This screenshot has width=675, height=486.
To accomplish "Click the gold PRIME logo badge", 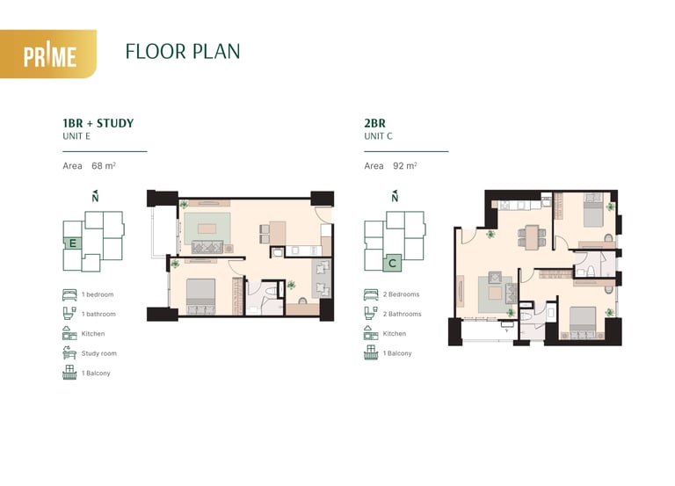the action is pyautogui.click(x=48, y=54).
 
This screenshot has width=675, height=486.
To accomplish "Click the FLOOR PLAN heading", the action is pyautogui.click(x=183, y=52).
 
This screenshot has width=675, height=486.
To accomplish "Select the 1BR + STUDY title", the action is pyautogui.click(x=98, y=123).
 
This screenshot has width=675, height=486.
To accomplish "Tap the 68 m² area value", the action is pyautogui.click(x=104, y=166).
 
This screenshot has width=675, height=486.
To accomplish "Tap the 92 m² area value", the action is pyautogui.click(x=405, y=166).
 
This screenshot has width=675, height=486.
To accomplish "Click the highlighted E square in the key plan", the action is pyautogui.click(x=73, y=243).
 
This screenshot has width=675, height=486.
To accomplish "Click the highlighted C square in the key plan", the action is pyautogui.click(x=392, y=263).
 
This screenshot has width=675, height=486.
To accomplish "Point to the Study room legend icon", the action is pyautogui.click(x=69, y=352).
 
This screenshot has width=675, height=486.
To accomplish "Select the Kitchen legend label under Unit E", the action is pyautogui.click(x=93, y=334).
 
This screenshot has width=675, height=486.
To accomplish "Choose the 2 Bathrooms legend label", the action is pyautogui.click(x=402, y=315).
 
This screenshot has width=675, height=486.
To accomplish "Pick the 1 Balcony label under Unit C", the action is pyautogui.click(x=397, y=353).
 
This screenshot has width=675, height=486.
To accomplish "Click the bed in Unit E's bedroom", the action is pyautogui.click(x=200, y=296).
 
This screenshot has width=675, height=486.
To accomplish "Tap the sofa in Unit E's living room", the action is pyautogui.click(x=207, y=247).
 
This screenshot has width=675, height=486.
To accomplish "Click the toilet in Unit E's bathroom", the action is pyautogui.click(x=272, y=292).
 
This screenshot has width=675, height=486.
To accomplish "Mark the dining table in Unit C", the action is pyautogui.click(x=532, y=237).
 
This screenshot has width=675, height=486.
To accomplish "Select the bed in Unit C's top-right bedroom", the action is pyautogui.click(x=593, y=210).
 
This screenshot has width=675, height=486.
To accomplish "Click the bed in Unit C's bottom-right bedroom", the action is pyautogui.click(x=583, y=323).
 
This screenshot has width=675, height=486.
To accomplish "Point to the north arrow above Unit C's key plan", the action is pyautogui.click(x=395, y=196).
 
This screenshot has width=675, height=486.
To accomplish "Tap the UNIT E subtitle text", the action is pyautogui.click(x=76, y=136).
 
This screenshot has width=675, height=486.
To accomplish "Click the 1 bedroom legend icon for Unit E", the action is pyautogui.click(x=69, y=294).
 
